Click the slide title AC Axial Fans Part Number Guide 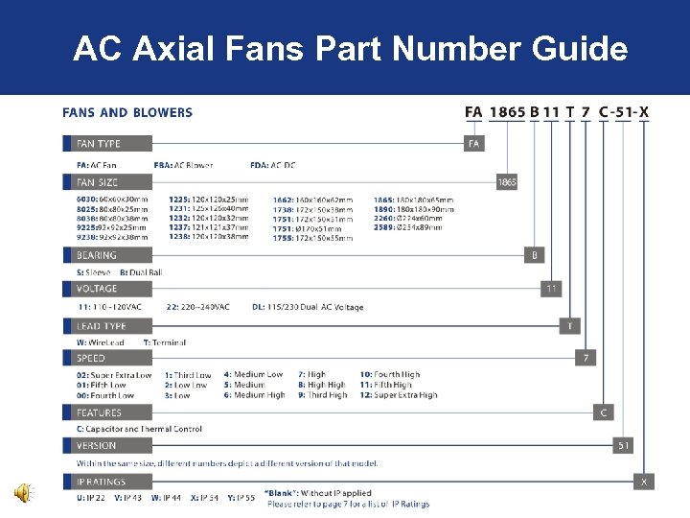click(x=350, y=48)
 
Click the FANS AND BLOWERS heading click(x=127, y=112)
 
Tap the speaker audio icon click(x=20, y=493)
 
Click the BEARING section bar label click(x=97, y=256)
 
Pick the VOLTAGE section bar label click(x=97, y=289)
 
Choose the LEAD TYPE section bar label click(x=102, y=326)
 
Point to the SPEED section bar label click(x=91, y=359)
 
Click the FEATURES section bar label click(x=99, y=413)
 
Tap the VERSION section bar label click(x=97, y=446)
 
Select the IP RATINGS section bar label click(x=101, y=482)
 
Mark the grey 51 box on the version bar click(x=623, y=446)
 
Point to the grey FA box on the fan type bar click(x=473, y=144)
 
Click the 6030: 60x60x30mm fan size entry click(x=106, y=199)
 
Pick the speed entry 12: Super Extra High click(x=398, y=395)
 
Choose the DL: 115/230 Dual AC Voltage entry click(x=307, y=307)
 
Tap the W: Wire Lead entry click(x=100, y=342)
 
